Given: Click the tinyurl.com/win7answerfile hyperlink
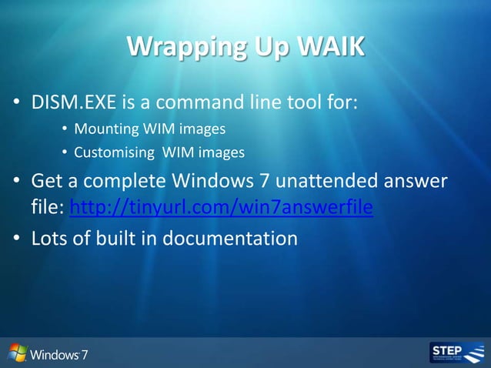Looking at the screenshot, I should point(222,208).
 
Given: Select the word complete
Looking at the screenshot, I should point(118,183).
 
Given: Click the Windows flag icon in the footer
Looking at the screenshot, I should point(18,353).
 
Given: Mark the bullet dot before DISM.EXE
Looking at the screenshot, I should point(15,103).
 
